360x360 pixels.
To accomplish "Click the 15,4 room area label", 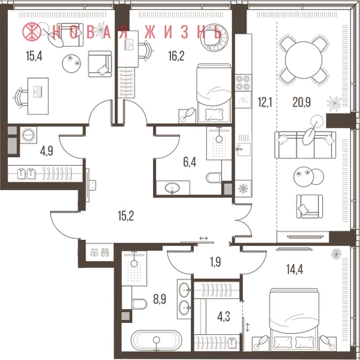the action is coord(34,56).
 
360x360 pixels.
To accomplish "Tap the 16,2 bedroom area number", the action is coord(176,56).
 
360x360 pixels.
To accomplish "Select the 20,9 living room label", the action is coord(301,102).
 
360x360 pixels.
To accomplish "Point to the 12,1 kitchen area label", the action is coord(265,102).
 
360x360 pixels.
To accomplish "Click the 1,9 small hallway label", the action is coord(215,262).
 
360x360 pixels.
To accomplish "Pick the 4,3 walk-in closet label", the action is coord(224,317).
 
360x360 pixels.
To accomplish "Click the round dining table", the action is coord(304,60).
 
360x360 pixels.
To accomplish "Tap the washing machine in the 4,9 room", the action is coord(28,135).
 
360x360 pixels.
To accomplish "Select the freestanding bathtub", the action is coord(157,340).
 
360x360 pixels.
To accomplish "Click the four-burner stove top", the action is coord(244,83).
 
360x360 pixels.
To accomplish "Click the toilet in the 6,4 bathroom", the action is coord(214,178).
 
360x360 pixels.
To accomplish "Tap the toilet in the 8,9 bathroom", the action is coord(139,304).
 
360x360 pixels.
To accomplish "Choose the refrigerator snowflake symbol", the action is coord(244,188).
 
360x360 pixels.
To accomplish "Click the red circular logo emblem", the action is coord(32,31).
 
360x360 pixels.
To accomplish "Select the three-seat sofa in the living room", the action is coord(305,145).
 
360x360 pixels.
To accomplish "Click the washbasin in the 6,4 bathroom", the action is coord(172,188).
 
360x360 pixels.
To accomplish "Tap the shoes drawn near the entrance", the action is coord(100,253).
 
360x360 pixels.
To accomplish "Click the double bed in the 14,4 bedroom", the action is coord(294,319).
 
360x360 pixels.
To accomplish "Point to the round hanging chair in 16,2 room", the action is coord(214,37).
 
